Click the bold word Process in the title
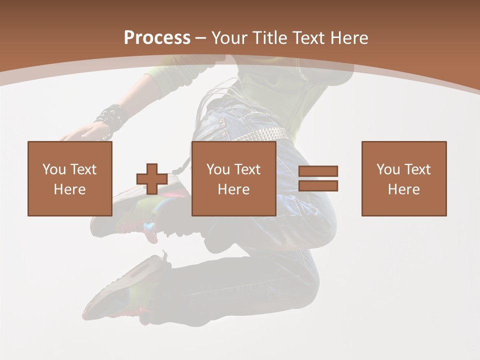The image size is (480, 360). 157,38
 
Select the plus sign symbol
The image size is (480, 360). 152,179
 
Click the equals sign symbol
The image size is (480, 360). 318,178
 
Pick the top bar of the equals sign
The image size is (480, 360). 318,171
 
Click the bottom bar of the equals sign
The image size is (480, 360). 318,186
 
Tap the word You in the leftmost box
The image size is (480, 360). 54,169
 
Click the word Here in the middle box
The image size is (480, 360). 234,189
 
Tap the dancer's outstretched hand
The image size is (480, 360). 80,132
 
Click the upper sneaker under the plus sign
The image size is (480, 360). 150,210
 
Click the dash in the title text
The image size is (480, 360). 201,38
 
